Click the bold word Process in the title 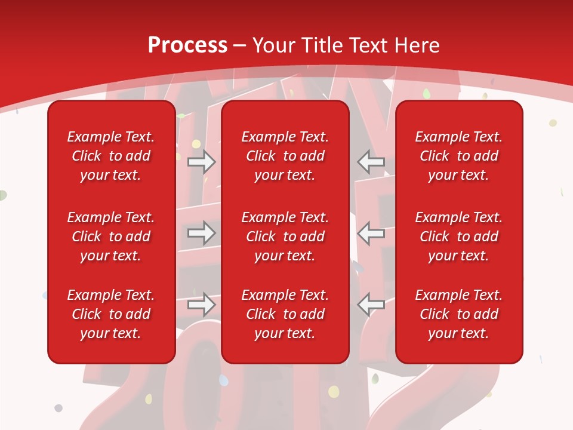[x=187, y=45]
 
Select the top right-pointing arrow [x=202, y=161]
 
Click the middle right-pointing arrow [x=202, y=233]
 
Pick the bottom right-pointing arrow [x=202, y=305]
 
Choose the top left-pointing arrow [x=371, y=161]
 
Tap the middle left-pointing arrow [x=371, y=233]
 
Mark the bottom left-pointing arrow [x=371, y=305]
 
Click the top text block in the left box [x=111, y=156]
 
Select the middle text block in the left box [x=111, y=236]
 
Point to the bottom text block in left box [x=111, y=314]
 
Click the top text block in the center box [x=285, y=156]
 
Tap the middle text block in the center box [x=285, y=236]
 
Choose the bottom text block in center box [x=285, y=314]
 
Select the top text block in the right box [x=458, y=156]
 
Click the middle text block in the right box [x=458, y=236]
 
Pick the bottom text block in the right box [x=458, y=314]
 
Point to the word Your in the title [x=273, y=45]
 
